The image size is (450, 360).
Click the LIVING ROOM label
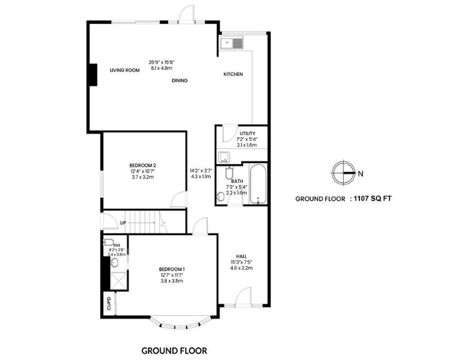(x=124, y=71)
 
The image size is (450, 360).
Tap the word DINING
(x=180, y=81)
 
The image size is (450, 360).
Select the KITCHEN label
(x=233, y=74)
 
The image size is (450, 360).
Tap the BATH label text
(x=237, y=181)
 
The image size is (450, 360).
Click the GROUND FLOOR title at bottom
(x=174, y=351)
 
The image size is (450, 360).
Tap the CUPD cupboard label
(x=109, y=304)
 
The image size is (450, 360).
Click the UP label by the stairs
(x=123, y=222)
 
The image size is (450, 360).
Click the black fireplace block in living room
(x=92, y=74)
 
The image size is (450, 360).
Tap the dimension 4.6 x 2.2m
(x=242, y=268)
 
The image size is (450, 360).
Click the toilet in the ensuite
(x=109, y=242)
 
